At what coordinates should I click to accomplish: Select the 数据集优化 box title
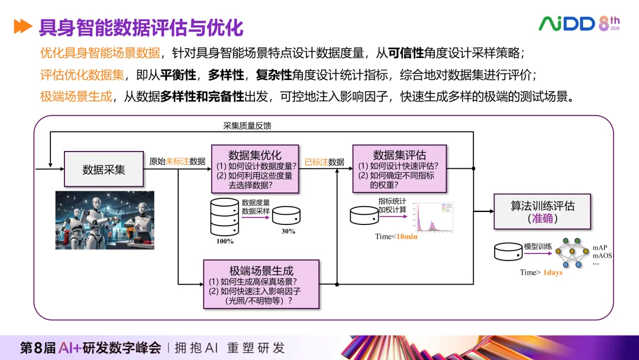click(255, 155)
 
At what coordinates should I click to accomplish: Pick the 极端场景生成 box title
click(261, 270)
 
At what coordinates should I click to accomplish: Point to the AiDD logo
click(566, 24)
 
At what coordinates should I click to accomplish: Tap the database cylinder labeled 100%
click(224, 216)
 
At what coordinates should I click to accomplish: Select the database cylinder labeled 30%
click(287, 215)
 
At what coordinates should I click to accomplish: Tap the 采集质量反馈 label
click(247, 126)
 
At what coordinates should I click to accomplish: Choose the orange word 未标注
click(177, 161)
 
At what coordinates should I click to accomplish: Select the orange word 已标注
click(316, 162)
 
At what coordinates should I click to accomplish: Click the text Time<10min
click(396, 237)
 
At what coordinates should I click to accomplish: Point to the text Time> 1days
click(541, 272)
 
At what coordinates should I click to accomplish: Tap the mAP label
click(600, 247)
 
